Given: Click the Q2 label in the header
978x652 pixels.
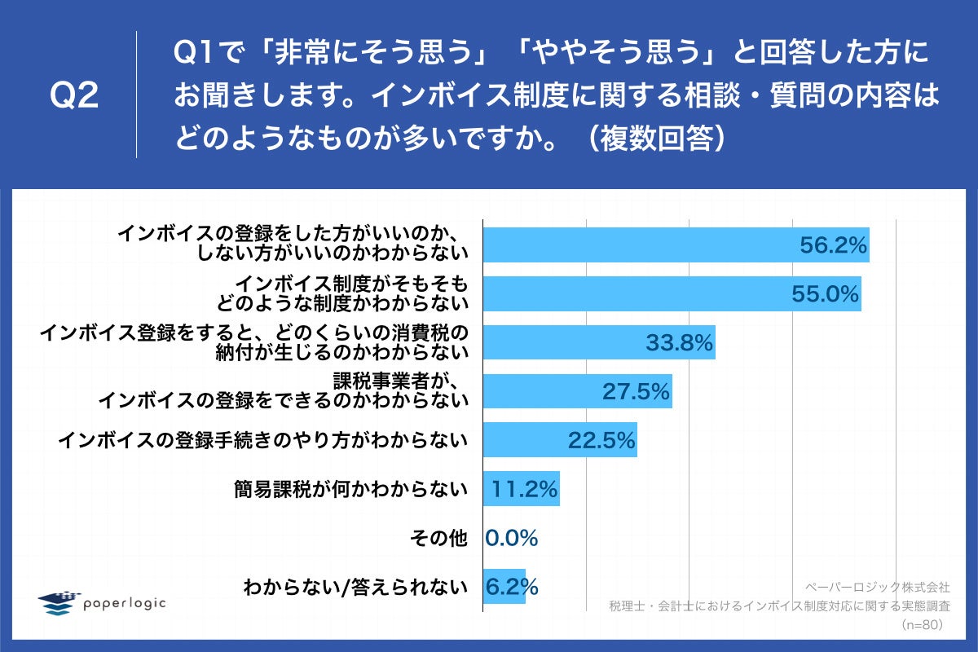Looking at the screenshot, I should pyautogui.click(x=74, y=96).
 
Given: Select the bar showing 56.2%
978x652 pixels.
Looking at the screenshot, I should pyautogui.click(x=652, y=244).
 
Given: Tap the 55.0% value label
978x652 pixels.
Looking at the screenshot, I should pyautogui.click(x=826, y=294).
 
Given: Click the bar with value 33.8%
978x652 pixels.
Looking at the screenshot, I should pyautogui.click(x=570, y=342).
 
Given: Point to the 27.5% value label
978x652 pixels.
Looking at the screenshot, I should pyautogui.click(x=636, y=392).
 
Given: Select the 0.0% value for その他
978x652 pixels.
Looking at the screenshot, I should pyautogui.click(x=512, y=538).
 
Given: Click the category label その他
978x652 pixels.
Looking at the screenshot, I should pyautogui.click(x=445, y=538).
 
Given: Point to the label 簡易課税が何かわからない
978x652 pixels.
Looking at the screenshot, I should pyautogui.click(x=350, y=489).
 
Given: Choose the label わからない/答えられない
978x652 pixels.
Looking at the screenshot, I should pyautogui.click(x=356, y=587).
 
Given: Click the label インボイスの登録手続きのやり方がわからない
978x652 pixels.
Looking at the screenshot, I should pyautogui.click(x=262, y=440).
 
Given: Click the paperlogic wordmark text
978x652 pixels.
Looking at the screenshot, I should pyautogui.click(x=125, y=602).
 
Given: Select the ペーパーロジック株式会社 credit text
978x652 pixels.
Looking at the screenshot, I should pyautogui.click(x=877, y=587).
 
